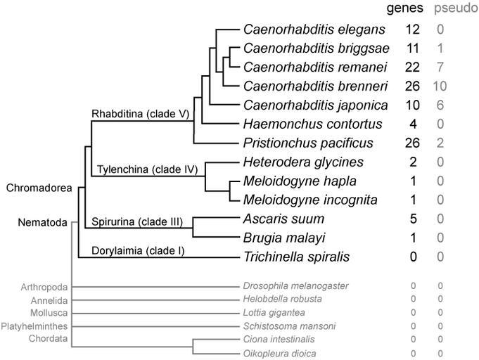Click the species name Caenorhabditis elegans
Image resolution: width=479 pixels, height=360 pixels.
[314, 30]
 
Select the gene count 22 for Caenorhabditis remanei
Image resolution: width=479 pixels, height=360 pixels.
[412, 67]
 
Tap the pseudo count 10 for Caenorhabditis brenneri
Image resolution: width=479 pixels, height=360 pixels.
[440, 86]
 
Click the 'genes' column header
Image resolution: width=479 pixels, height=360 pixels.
[407, 8]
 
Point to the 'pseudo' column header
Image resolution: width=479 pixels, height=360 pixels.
[455, 8]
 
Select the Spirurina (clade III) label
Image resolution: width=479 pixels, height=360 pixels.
[137, 223]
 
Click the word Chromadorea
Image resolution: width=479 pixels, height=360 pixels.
[39, 188]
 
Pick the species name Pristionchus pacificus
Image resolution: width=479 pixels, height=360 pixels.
[309, 143]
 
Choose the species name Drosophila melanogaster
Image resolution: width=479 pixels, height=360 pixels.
[295, 286]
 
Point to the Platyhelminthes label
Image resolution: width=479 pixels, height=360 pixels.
[34, 326]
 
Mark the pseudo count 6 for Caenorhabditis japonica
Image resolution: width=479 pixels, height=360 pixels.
[440, 105]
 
